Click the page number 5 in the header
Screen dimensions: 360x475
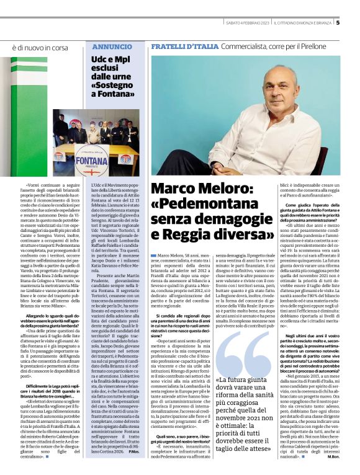tap(354, 24)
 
